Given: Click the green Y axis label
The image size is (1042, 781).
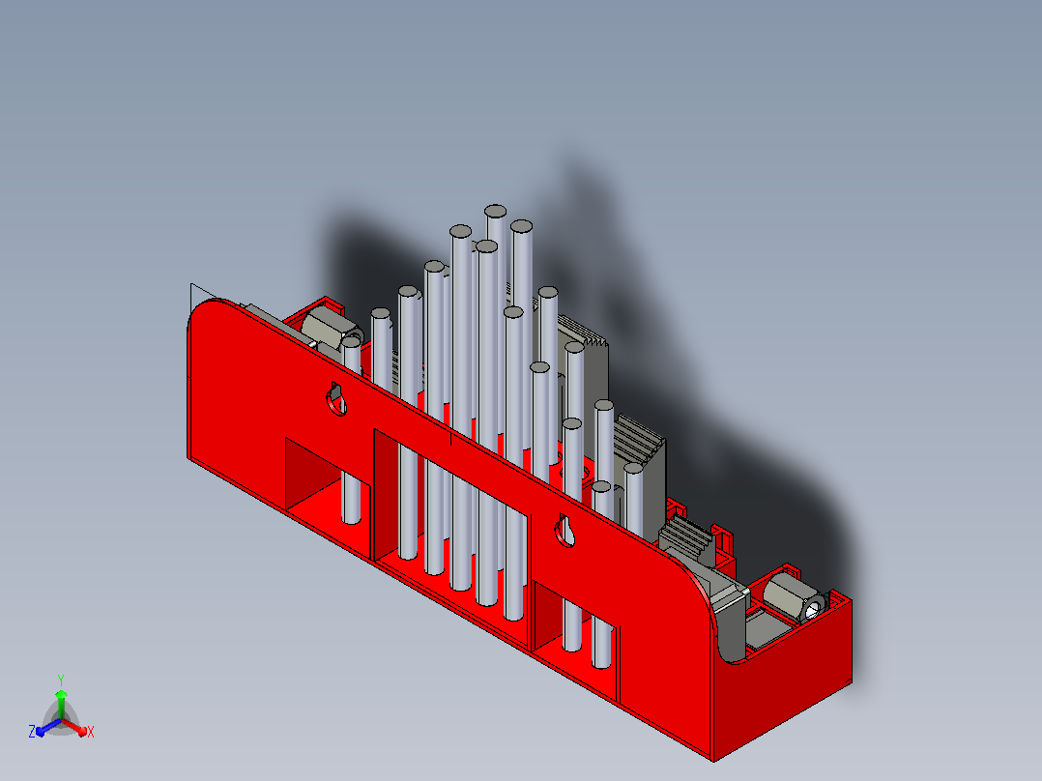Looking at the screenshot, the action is point(61,680).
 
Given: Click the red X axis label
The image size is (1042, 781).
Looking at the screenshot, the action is point(91,732).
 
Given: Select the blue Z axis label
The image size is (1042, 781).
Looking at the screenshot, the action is point(32,731).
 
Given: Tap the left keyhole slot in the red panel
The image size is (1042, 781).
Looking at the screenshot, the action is point(336,399).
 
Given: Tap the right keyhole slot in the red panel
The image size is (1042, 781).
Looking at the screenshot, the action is point(565,531).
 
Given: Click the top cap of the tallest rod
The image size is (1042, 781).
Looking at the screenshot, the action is point(495,212).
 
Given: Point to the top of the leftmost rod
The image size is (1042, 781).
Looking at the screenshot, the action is point(352,343).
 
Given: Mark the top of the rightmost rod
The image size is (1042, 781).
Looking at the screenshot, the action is point(633,469).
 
